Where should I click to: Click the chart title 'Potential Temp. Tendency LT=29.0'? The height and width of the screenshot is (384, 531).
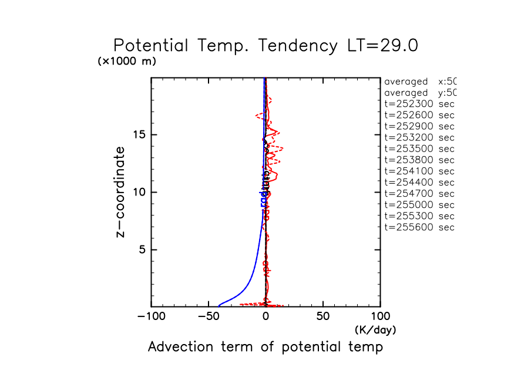265,46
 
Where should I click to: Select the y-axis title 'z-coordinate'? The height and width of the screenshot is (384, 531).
121,192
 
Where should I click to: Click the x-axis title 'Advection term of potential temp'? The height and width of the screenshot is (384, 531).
265,347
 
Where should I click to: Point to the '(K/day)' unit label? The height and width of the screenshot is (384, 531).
375,330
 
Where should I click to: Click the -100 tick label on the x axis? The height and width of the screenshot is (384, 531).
151,317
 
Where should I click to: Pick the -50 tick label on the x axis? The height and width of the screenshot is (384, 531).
209,317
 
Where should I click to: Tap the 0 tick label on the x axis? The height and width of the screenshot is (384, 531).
265,317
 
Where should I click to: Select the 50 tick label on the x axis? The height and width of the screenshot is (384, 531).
323,317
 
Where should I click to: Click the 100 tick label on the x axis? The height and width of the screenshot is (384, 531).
380,317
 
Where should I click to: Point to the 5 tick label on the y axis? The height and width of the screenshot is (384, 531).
142,250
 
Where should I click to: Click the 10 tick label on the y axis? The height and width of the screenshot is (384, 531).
139,192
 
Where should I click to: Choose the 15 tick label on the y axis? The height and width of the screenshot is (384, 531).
139,134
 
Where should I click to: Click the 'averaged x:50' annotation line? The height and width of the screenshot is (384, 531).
419,82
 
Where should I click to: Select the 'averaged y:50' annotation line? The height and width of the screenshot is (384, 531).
419,93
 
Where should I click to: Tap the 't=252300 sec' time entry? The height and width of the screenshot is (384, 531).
419,104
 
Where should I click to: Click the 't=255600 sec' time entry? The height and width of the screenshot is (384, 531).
419,227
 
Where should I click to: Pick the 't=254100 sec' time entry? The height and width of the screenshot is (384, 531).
419,171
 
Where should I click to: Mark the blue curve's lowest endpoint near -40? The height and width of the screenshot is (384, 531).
219,305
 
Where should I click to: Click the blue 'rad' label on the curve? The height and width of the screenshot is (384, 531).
263,198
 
